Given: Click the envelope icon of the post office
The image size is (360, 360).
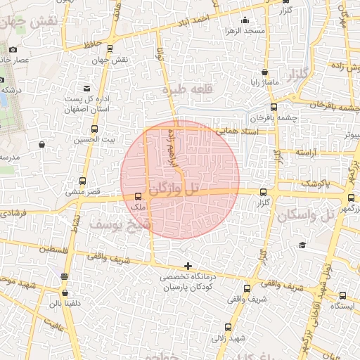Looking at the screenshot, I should pos(86,89).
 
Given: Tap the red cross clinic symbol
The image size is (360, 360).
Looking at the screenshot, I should pos(187,266).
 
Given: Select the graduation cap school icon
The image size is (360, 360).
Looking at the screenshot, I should pos(302,245).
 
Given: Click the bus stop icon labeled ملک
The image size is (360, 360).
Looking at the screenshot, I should pos(138,197).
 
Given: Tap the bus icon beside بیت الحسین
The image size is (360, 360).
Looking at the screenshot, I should pos(95,129).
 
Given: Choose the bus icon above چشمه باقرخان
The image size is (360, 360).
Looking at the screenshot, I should pos(274,108).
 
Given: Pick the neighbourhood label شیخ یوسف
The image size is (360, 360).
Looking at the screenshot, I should pos(117,224).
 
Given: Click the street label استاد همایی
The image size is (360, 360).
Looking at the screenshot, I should pos(236,131).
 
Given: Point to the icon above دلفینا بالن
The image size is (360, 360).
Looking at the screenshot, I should pos(65,292).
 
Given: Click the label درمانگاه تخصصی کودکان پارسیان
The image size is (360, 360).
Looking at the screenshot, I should pos(188,283).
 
